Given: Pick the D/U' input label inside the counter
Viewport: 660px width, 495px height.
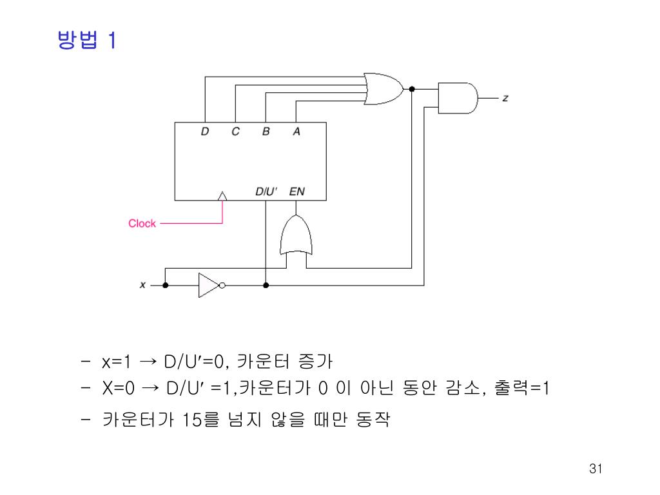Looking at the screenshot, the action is (266, 191).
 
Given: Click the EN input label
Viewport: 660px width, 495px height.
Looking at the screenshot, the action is (297, 191).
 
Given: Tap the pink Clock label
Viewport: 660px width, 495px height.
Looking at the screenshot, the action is (142, 224).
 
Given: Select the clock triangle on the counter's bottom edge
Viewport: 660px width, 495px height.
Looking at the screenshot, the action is (222, 195).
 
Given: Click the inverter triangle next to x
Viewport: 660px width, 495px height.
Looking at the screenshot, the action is (208, 285).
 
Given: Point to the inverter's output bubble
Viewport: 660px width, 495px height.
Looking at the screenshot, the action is (222, 285).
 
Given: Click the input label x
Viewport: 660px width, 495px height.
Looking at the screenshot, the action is (142, 285).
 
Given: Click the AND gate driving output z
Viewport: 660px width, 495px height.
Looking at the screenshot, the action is (458, 97).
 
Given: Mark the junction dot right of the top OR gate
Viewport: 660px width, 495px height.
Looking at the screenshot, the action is (412, 88).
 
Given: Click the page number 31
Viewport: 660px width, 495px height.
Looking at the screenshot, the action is (595, 469).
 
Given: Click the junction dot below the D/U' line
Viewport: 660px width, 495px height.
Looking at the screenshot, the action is (266, 285).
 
